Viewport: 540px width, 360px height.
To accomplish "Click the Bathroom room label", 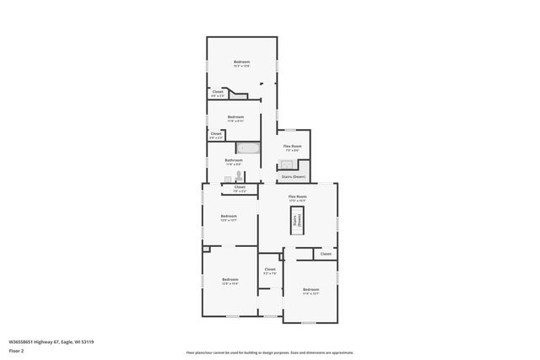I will tap(234, 161).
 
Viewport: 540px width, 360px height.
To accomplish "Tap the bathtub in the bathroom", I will tap(247, 148).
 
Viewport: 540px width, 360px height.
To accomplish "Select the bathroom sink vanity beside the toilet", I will tap(228, 177).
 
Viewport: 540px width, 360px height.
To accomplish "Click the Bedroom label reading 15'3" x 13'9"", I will tap(241, 63).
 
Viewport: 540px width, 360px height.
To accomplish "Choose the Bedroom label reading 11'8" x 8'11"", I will tap(235, 118).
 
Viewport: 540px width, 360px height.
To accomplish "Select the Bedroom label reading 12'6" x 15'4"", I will tap(229, 282).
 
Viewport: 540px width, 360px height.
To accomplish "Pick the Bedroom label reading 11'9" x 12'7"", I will tap(310, 291).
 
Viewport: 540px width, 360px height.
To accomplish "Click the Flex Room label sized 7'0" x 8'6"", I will tap(292, 148).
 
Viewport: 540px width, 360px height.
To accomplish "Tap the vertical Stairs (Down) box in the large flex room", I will tap(296, 222).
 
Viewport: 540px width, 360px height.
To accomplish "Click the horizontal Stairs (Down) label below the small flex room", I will tap(293, 176).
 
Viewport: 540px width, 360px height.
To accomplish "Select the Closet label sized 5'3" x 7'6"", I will tap(269, 271).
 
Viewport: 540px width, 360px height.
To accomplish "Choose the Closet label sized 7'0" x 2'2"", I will tap(239, 189).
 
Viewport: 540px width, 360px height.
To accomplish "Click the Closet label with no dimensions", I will tap(325, 253).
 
